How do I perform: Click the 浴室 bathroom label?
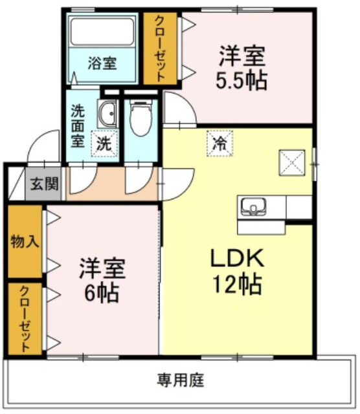[102, 63]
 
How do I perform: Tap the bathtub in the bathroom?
[102, 32]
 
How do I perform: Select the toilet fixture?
[141, 118]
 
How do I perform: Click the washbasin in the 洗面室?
[107, 114]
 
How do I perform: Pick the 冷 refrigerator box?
[220, 144]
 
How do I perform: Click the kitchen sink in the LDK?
[253, 208]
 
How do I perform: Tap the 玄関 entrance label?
[45, 184]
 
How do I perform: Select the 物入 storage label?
[25, 241]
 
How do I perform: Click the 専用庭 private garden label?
[181, 380]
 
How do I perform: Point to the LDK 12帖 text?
[237, 272]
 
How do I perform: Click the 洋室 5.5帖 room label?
[242, 68]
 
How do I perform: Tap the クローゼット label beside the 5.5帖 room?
[160, 49]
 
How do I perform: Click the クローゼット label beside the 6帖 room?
[25, 319]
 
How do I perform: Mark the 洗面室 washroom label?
[78, 126]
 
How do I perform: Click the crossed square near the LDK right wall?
[292, 162]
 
